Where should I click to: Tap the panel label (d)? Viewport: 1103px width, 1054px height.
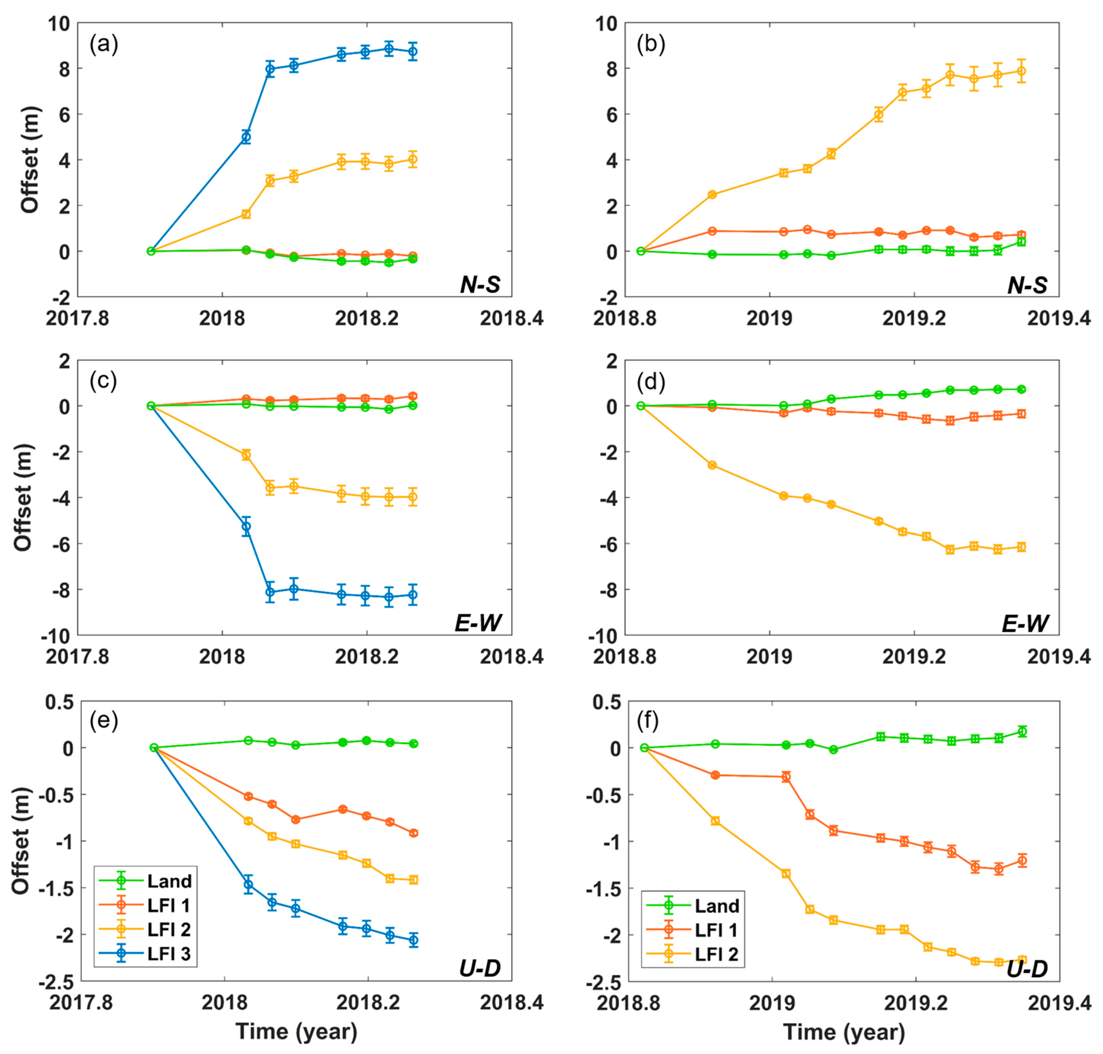pyautogui.click(x=651, y=382)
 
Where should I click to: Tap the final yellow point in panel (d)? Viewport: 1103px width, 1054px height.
pyautogui.click(x=1021, y=547)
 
